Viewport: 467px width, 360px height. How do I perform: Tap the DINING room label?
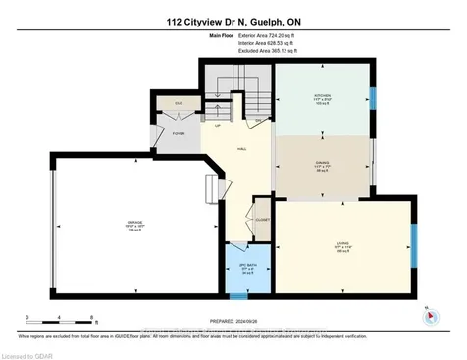pos(321,165)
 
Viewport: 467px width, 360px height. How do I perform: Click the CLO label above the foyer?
pos(180,102)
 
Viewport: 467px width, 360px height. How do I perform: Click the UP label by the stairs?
pos(217,125)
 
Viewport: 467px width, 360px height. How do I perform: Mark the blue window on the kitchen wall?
pos(371,99)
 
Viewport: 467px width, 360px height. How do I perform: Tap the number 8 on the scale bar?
pos(92,319)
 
